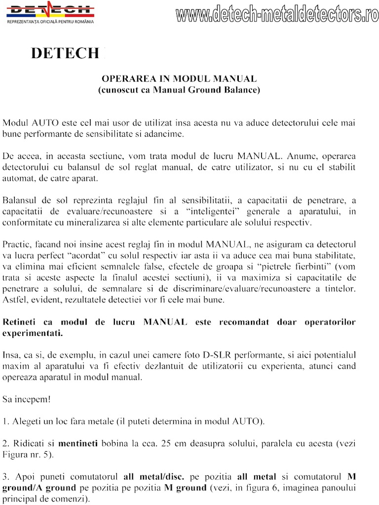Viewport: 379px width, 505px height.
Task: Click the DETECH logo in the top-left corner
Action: (x=49, y=9)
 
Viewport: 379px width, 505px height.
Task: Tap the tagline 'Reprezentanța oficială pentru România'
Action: (x=49, y=22)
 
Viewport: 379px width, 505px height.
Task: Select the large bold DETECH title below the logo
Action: (x=65, y=53)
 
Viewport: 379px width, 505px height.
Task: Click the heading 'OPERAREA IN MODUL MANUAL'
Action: (x=179, y=78)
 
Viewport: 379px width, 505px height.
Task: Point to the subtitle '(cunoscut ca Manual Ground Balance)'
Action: (x=179, y=90)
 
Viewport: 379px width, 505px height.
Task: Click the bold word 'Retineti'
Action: (x=21, y=322)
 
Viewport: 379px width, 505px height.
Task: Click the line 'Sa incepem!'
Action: (x=27, y=399)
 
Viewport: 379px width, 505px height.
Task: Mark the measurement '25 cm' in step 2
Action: (x=173, y=443)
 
